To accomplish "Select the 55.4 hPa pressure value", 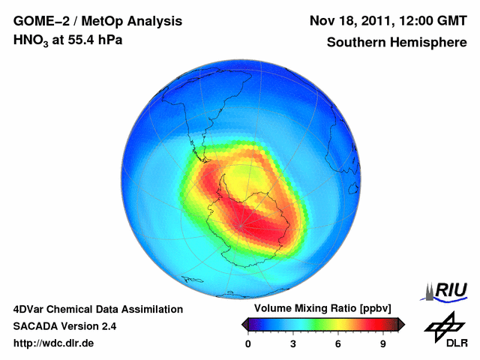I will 91,40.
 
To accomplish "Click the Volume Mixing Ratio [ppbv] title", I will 322,309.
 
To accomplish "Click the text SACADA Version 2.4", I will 64,326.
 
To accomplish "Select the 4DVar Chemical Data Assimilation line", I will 97,309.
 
